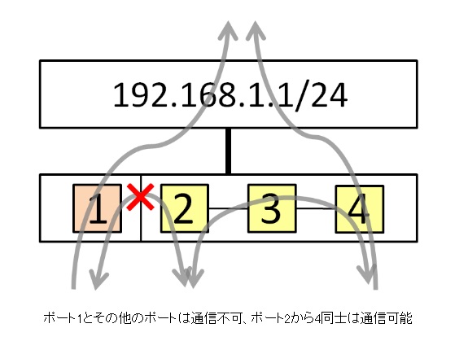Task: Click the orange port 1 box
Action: [x=98, y=208]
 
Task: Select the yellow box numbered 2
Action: [x=185, y=208]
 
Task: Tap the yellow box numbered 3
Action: [x=272, y=208]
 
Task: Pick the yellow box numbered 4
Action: [x=360, y=209]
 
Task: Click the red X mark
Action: [x=140, y=197]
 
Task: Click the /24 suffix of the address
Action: [x=321, y=95]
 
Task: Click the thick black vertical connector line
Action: [x=229, y=151]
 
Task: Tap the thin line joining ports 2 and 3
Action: [x=228, y=208]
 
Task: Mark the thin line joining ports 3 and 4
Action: [x=316, y=208]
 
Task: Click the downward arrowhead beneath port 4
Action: [x=368, y=274]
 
